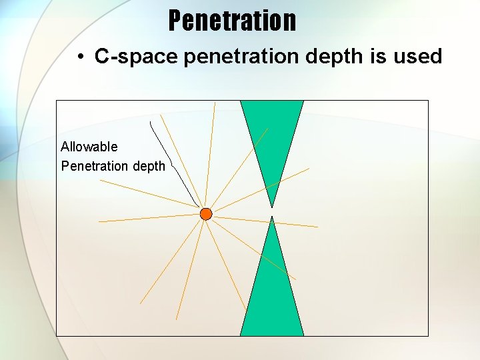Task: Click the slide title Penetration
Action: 232,21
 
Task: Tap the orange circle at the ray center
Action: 206,214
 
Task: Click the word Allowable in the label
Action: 89,147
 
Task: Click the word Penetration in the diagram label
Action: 95,166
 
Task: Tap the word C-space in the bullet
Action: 136,57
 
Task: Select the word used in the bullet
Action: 418,57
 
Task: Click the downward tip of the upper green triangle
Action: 272,207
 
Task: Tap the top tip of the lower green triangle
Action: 272,217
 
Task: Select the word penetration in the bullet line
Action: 241,57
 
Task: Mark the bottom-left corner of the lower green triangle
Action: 241,335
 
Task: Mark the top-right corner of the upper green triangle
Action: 303,101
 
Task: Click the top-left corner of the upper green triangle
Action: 241,101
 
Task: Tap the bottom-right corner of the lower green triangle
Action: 303,335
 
